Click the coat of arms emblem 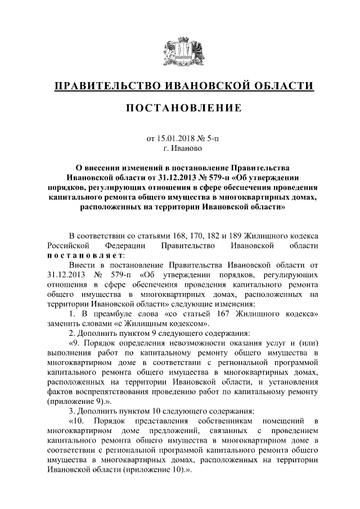pos(180,51)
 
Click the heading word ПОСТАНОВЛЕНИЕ pos(180,107)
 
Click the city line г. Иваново pos(180,148)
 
